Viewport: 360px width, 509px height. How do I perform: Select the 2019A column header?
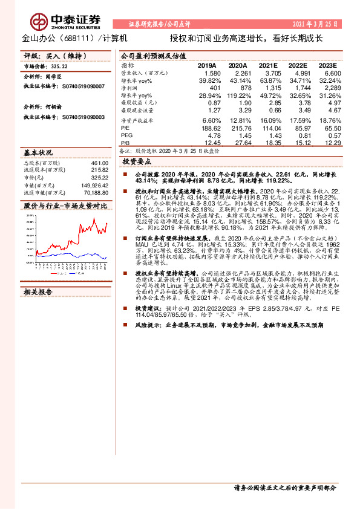206,65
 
